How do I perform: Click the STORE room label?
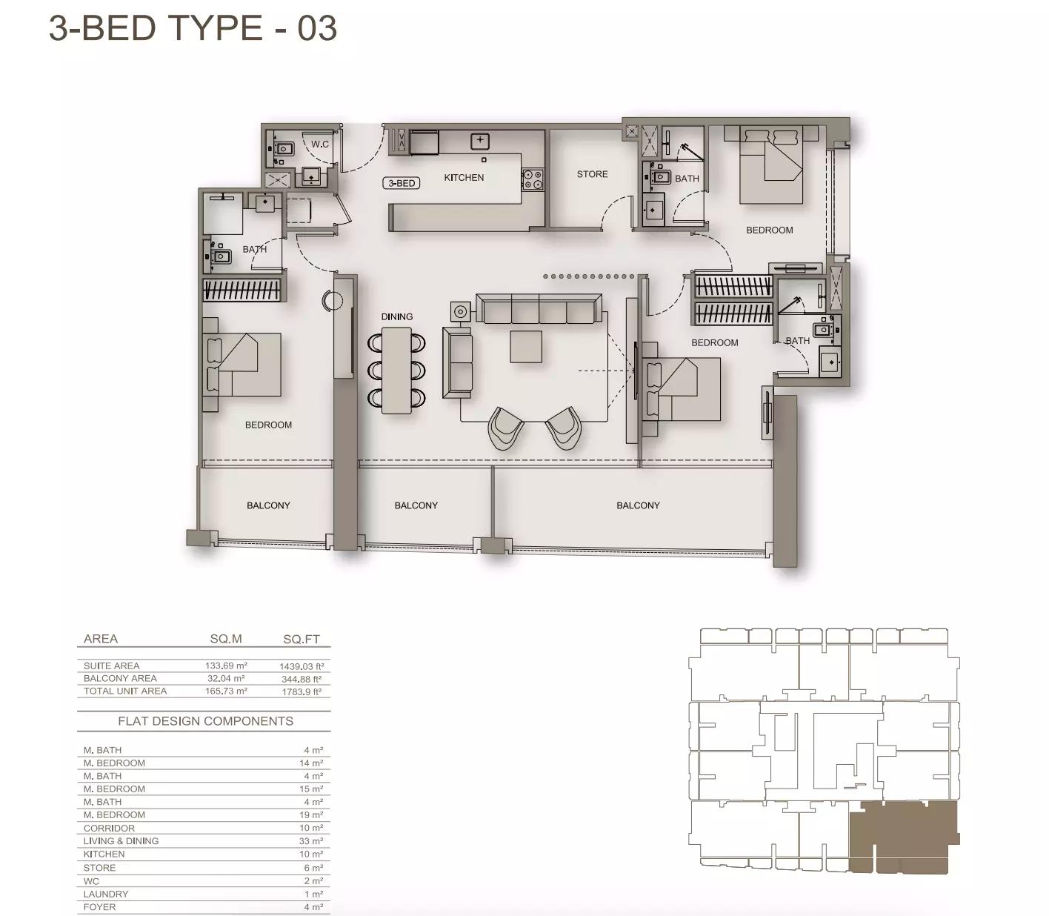point(592,174)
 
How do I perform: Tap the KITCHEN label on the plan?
point(464,177)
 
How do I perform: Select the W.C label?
point(320,144)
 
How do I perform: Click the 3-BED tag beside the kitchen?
point(402,183)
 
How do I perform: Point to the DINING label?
point(397,316)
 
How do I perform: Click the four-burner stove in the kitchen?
point(533,179)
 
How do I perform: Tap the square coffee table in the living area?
point(525,347)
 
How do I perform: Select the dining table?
point(396,370)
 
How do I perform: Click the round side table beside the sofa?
point(460,311)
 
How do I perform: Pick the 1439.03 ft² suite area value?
point(302,666)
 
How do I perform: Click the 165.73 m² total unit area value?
point(226,691)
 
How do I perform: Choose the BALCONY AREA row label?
point(120,678)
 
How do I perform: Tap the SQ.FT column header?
point(302,639)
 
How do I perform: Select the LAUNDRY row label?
point(106,894)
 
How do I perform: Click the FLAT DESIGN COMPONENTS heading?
point(206,721)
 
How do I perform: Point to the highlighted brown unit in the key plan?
point(903,837)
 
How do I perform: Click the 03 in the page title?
point(317,27)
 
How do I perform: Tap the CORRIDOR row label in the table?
point(109,829)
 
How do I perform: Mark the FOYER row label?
point(99,907)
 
